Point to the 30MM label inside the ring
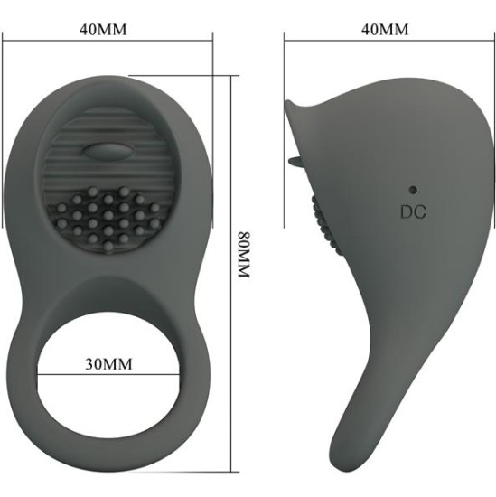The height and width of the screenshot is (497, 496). pos(106,364)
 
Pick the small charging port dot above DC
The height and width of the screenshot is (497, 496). pos(412,190)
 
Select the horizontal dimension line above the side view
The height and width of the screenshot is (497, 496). pos(384,40)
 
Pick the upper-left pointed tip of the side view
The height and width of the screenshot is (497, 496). pos(288,105)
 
